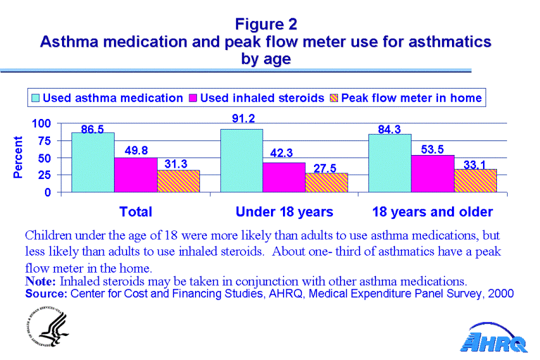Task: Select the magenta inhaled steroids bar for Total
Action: tap(135, 175)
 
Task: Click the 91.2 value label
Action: tap(241, 118)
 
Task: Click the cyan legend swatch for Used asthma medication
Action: tap(36, 98)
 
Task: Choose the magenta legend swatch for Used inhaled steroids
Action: tap(194, 98)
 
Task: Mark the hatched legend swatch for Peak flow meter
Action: tap(334, 98)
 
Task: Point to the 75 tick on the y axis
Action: tap(46, 140)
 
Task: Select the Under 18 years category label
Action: tap(284, 211)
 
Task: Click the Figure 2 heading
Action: tap(266, 25)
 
